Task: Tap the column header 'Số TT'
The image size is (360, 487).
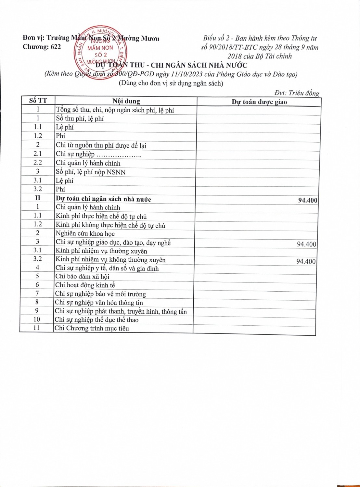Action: (x=38, y=101)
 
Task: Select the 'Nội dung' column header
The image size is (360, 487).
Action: (x=126, y=101)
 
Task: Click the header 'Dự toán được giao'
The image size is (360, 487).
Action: (x=259, y=102)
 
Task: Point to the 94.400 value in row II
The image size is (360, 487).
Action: (x=307, y=200)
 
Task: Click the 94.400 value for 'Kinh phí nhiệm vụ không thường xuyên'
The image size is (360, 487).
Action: (x=306, y=261)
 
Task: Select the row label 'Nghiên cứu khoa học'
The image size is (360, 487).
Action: (x=85, y=233)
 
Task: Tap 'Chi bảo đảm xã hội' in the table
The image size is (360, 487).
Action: (x=82, y=277)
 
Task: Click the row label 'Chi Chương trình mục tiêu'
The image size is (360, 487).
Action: (x=92, y=328)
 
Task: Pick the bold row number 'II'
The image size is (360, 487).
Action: (x=38, y=198)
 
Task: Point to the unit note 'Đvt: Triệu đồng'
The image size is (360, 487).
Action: (x=297, y=93)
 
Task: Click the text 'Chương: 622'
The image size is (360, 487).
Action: (x=42, y=47)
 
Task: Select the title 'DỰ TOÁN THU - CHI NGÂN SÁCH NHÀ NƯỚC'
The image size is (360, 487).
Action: (x=171, y=65)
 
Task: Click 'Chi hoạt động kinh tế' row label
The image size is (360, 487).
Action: (x=85, y=285)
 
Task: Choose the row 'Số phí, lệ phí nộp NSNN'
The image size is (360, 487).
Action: (x=91, y=172)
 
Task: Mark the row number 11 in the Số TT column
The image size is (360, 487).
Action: (x=36, y=328)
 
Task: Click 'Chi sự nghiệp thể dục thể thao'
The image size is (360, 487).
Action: (x=96, y=320)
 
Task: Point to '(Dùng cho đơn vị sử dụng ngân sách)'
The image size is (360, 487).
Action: (x=171, y=83)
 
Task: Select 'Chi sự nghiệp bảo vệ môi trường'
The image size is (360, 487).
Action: (x=100, y=294)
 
